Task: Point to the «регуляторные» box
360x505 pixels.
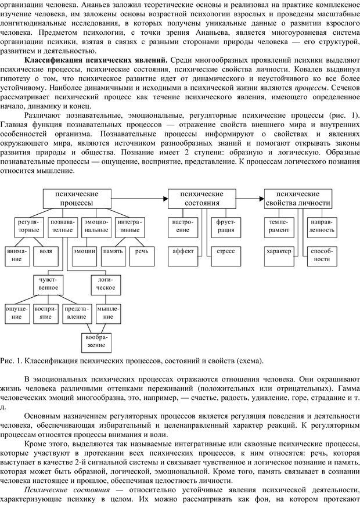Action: pos(28,226)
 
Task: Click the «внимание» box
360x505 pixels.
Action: pos(16,255)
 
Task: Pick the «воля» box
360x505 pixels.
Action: pos(46,251)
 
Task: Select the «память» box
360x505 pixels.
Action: pos(113,251)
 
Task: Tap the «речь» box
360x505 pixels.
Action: pos(142,251)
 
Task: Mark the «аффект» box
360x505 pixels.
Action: pos(183,251)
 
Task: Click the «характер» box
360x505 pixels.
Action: pos(279,251)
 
